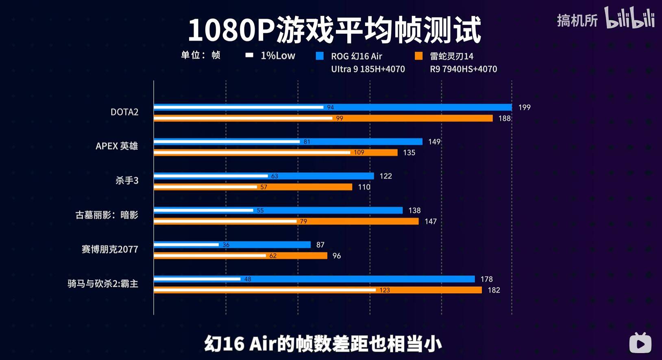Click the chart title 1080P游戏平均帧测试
(x=334, y=30)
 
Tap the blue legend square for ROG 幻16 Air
(x=320, y=56)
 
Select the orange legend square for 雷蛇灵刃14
(x=418, y=56)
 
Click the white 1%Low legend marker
(x=249, y=55)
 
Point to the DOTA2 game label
(x=124, y=112)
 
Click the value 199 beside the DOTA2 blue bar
(x=524, y=107)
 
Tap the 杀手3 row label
(x=127, y=181)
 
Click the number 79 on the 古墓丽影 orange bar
(x=303, y=222)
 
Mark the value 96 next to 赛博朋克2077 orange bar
(x=337, y=256)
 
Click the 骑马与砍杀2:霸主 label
(x=103, y=284)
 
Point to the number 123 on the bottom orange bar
(x=384, y=290)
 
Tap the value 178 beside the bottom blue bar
(x=486, y=279)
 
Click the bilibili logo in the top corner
(x=629, y=18)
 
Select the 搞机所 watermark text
(x=577, y=20)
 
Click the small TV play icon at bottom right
(x=640, y=343)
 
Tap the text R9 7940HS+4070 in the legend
(x=463, y=69)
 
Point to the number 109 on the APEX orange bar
(x=359, y=153)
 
